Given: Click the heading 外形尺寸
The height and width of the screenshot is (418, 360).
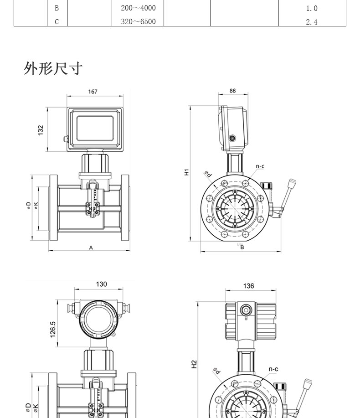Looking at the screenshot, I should pyautogui.click(x=53, y=68).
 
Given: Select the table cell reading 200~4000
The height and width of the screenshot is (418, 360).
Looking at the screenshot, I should pyautogui.click(x=138, y=8).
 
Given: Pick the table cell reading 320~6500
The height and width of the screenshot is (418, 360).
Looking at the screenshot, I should pyautogui.click(x=138, y=21).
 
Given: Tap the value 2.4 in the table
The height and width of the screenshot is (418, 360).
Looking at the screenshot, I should pyautogui.click(x=312, y=22).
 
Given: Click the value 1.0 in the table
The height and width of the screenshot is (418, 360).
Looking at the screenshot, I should pyautogui.click(x=312, y=8).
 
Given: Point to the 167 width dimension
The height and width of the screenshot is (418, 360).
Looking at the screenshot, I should pyautogui.click(x=93, y=92).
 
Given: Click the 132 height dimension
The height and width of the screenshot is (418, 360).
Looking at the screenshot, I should pyautogui.click(x=41, y=130).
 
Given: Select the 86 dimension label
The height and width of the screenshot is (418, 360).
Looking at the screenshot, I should pyautogui.click(x=232, y=91).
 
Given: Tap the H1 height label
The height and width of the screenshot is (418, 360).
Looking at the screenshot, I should pyautogui.click(x=186, y=172).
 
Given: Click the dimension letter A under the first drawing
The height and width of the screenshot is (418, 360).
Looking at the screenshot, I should pyautogui.click(x=91, y=248).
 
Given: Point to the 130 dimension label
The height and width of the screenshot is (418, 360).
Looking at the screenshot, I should pyautogui.click(x=101, y=284).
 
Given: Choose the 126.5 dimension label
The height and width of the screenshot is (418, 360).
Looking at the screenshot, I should pyautogui.click(x=53, y=329).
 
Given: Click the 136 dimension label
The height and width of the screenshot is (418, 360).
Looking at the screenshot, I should pyautogui.click(x=248, y=286).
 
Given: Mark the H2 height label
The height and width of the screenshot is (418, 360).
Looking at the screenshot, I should pyautogui.click(x=194, y=364).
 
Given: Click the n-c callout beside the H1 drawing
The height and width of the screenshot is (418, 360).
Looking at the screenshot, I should pyautogui.click(x=260, y=166).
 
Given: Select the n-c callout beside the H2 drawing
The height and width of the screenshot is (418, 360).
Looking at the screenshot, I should pyautogui.click(x=273, y=369).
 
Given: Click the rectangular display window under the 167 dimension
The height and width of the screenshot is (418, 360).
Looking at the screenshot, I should pyautogui.click(x=94, y=128).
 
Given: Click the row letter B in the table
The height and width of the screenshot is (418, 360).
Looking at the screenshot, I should pyautogui.click(x=57, y=8).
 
